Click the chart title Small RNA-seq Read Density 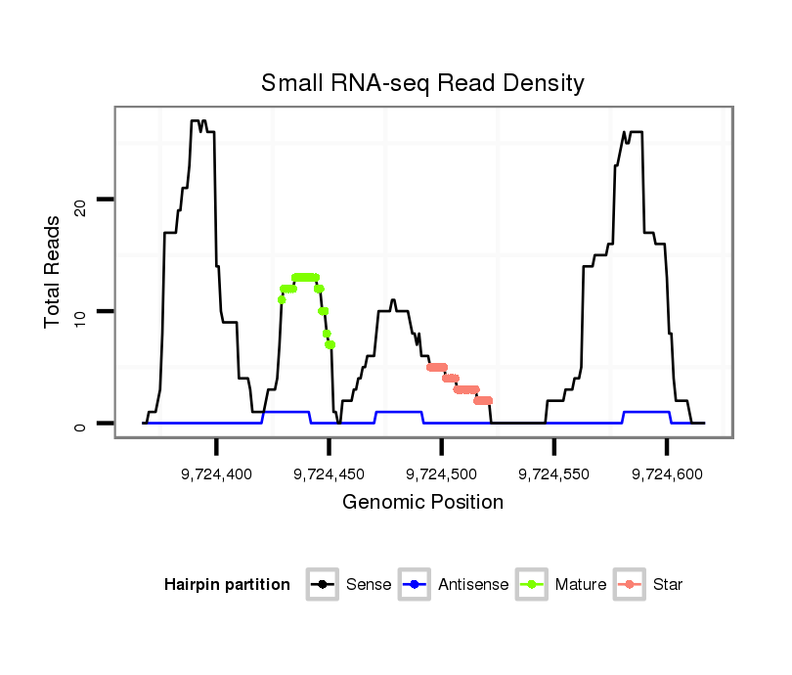point(422,83)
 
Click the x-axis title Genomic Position point(422,503)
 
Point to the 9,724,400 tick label point(217,473)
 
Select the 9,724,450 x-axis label point(330,473)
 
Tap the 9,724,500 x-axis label point(442,473)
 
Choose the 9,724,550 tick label point(554,473)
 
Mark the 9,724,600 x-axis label point(667,473)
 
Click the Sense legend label point(369,585)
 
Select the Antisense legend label point(473,585)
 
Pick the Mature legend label point(580,585)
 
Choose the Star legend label point(669,585)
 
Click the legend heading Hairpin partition point(227,585)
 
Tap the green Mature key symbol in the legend point(533,585)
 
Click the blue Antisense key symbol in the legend point(417,585)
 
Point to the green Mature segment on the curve point(305,278)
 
